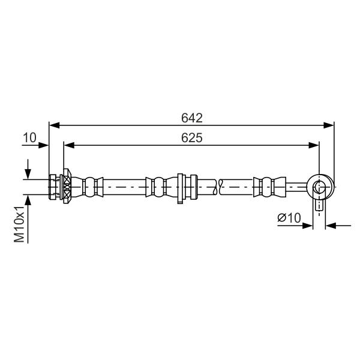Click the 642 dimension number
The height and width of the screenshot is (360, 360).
tap(192, 118)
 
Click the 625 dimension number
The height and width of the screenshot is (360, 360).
tap(192, 138)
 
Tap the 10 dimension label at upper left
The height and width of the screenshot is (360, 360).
tap(29, 138)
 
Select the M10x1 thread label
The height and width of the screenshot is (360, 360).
tap(19, 224)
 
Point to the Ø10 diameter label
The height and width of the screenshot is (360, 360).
tap(289, 218)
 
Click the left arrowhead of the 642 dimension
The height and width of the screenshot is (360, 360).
tap(55, 125)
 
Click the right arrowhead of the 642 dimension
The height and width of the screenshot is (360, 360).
tap(328, 125)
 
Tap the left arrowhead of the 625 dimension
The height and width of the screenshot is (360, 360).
tap(69, 145)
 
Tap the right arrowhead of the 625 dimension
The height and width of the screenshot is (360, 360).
tap(314, 145)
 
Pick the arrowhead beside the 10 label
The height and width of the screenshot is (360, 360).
tap(43, 145)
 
